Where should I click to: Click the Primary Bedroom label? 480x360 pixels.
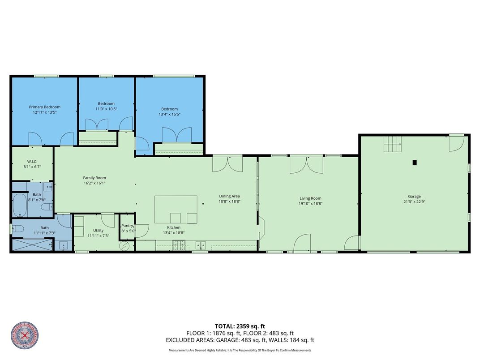pyautogui.click(x=44, y=107)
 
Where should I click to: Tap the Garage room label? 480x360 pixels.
pyautogui.click(x=414, y=196)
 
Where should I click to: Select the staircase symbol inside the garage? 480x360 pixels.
pyautogui.click(x=393, y=145)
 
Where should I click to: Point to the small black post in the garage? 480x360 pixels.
pyautogui.click(x=415, y=163)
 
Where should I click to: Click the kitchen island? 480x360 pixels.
pyautogui.click(x=176, y=209)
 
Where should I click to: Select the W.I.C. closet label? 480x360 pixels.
pyautogui.click(x=32, y=162)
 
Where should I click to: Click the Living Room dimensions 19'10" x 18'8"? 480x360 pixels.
pyautogui.click(x=310, y=204)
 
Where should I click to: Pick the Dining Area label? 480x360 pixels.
pyautogui.click(x=229, y=196)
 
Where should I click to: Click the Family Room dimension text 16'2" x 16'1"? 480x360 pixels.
pyautogui.click(x=94, y=183)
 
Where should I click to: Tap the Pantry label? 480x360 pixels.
pyautogui.click(x=128, y=226)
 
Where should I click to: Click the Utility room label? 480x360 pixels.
pyautogui.click(x=98, y=230)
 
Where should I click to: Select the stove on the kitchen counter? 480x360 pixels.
pyautogui.click(x=179, y=244)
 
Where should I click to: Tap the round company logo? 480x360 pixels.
pyautogui.click(x=24, y=335)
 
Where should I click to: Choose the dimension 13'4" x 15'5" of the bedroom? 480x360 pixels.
pyautogui.click(x=169, y=115)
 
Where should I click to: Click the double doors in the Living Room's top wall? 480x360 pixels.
pyautogui.click(x=306, y=164)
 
